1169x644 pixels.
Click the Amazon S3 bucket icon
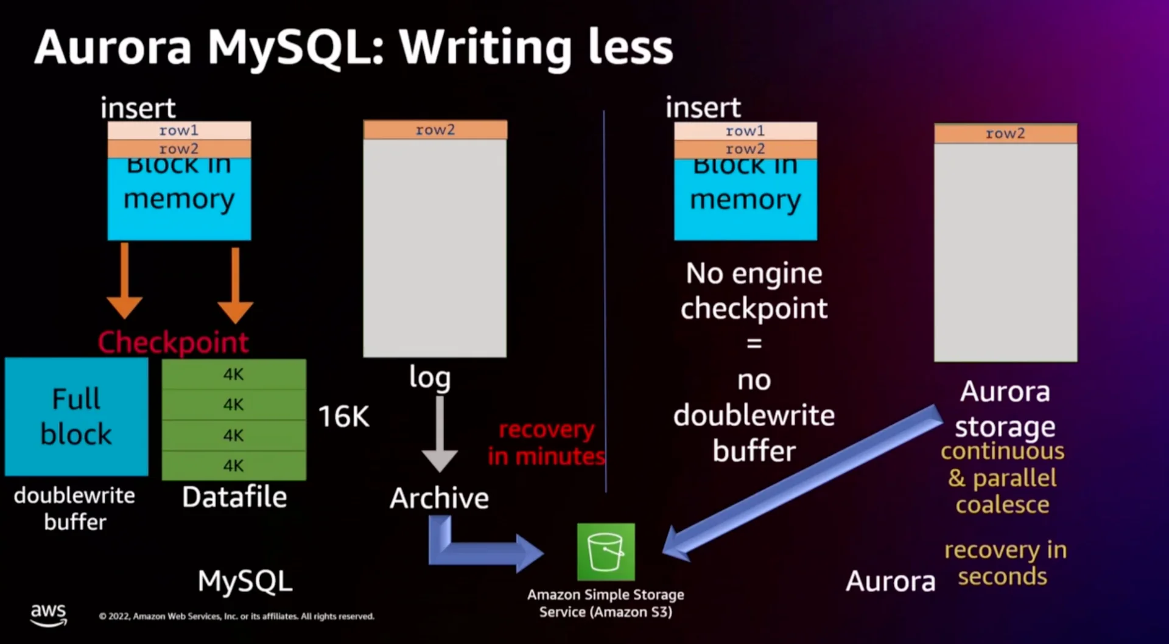606,551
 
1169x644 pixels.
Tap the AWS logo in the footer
49,614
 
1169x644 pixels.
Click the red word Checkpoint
174,342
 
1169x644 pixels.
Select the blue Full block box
76,416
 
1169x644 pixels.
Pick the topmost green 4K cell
234,374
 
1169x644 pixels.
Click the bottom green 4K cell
234,466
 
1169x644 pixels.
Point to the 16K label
344,417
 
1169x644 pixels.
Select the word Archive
440,498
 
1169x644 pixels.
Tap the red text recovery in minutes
546,443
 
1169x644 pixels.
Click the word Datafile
234,497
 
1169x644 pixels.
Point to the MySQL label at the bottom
245,581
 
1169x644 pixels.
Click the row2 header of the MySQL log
435,130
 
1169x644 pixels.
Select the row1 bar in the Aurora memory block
745,131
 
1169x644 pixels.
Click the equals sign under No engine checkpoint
754,343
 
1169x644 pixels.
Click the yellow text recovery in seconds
1005,563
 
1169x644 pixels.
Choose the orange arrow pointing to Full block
124,280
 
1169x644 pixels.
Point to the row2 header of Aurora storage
1005,133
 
